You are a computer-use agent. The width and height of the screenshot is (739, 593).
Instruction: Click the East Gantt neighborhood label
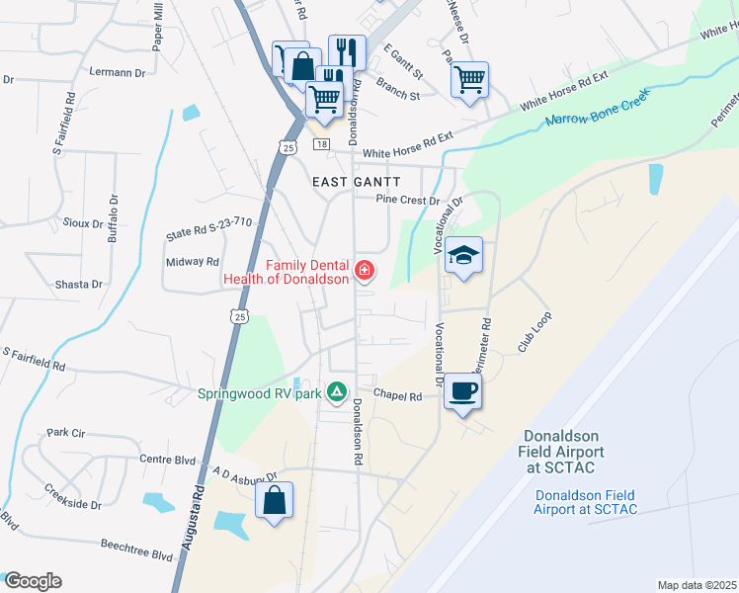357,182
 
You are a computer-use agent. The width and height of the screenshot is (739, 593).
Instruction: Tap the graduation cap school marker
463,256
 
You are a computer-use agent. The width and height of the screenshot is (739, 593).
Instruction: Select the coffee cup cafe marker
463,391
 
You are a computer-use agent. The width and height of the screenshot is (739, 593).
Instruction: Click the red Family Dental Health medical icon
365,270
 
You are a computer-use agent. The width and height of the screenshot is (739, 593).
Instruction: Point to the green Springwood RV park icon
337,392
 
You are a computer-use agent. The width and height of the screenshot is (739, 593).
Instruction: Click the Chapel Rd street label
398,396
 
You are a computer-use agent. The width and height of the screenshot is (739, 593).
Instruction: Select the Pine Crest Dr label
406,200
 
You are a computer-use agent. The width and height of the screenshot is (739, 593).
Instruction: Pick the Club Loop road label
534,333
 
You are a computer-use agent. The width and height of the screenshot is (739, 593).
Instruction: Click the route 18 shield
321,144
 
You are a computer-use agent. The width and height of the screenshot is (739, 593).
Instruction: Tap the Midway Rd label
193,262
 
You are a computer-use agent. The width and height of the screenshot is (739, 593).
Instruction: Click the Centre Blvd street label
170,459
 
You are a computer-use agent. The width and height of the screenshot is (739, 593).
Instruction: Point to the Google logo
33,581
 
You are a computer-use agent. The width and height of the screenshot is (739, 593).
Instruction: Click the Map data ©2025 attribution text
698,585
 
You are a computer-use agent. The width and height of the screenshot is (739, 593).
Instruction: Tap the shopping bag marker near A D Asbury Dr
275,500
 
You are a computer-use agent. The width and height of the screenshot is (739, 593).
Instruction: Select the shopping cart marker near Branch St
470,79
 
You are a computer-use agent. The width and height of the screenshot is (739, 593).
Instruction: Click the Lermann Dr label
117,73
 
